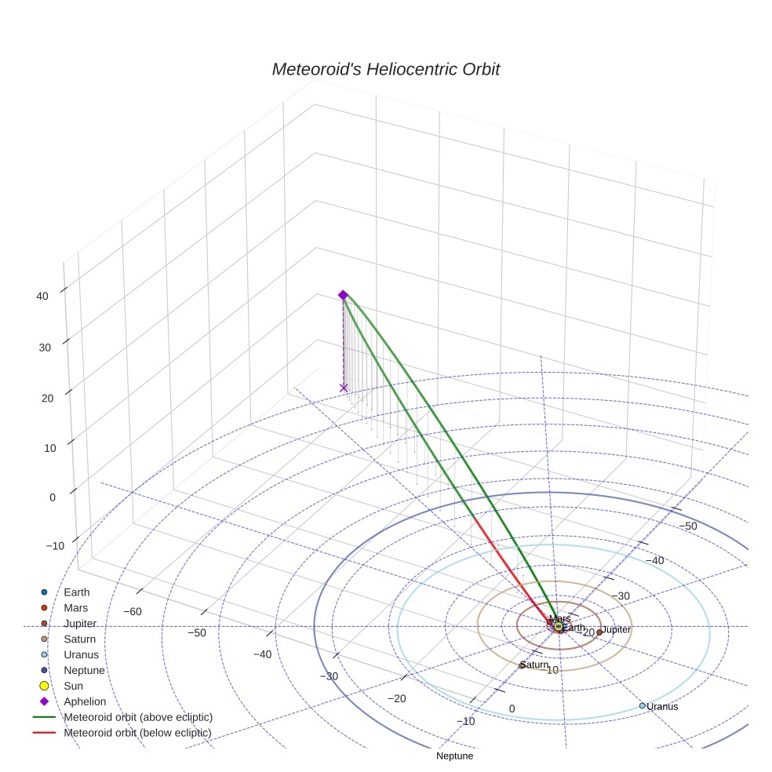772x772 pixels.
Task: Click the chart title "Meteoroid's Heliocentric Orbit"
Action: click(385, 69)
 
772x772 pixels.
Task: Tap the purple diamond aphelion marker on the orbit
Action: click(343, 295)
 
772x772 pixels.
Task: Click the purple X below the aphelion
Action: click(343, 388)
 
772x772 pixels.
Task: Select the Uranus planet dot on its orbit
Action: click(643, 705)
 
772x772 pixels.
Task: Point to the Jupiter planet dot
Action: click(599, 632)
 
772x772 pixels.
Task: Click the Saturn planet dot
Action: click(522, 666)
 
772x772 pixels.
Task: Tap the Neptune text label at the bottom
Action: click(455, 756)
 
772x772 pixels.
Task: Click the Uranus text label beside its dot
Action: click(662, 706)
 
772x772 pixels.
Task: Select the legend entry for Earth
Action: click(77, 592)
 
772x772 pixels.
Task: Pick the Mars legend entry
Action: click(75, 607)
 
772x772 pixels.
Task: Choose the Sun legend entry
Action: click(74, 686)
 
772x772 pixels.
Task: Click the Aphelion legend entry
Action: click(84, 701)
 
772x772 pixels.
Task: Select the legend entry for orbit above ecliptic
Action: click(137, 717)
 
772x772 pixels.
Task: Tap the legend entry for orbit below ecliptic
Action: click(137, 733)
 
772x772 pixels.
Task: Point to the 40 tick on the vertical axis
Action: click(42, 296)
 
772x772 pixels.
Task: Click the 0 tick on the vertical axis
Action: click(52, 497)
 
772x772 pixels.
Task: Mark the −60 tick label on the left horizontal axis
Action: click(133, 611)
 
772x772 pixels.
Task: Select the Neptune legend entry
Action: click(84, 670)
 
